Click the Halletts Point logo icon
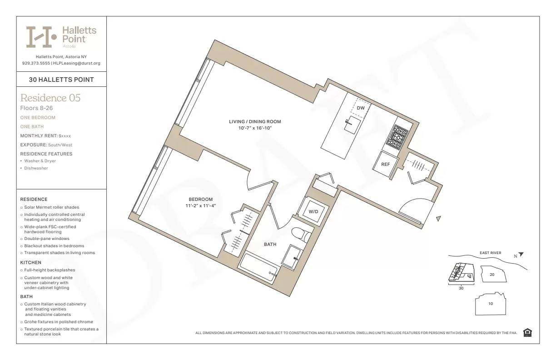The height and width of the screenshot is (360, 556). pos(41,37)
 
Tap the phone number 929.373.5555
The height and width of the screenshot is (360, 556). pos(36,63)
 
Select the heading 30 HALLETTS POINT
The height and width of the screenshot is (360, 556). pos(61,80)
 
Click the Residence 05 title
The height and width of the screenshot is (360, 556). pos(50,98)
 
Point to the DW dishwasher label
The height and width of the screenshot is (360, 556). pos(361,108)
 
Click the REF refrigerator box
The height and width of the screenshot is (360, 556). pos(385,164)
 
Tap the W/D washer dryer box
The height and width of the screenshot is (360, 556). pos(313,212)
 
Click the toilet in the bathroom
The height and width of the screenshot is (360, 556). pos(301,235)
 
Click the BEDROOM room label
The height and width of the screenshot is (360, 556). pos(200,200)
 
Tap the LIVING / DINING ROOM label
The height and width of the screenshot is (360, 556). pos(255,122)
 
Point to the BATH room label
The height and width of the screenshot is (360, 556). pos(270,245)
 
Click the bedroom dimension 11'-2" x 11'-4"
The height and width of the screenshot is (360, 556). pos(200,206)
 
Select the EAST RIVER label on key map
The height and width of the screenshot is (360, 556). pos(490,253)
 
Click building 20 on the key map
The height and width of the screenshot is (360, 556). pos(491,275)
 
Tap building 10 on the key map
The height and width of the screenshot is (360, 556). pos(491,304)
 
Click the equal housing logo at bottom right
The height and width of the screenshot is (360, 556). pos(527,333)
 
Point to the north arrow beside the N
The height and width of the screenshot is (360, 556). pos(521,255)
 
